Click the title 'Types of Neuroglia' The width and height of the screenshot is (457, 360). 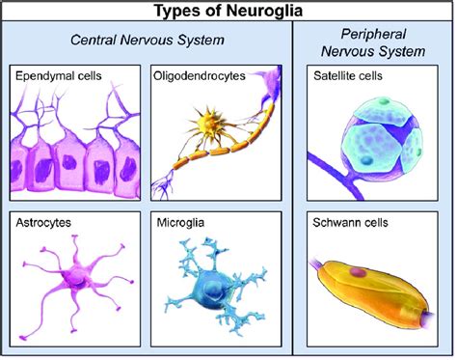[228, 11]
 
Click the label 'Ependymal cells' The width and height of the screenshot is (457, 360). [58, 74]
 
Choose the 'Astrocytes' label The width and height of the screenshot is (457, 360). [44, 222]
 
